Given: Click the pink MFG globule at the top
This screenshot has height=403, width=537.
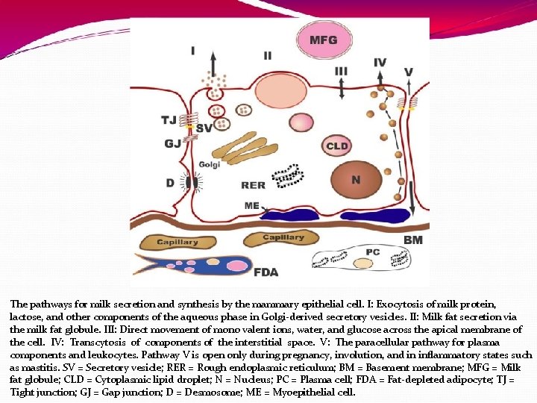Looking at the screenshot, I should click(x=323, y=40).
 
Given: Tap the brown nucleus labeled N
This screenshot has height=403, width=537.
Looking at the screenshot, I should click(x=355, y=179).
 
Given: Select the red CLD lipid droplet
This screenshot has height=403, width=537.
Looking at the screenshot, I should click(x=337, y=146).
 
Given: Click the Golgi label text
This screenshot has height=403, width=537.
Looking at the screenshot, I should click(x=210, y=164).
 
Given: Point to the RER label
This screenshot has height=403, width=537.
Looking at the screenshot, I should click(x=253, y=185).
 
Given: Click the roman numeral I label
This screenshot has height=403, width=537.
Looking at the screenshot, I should click(x=192, y=51).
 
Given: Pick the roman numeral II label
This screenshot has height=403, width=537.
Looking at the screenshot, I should click(x=267, y=55).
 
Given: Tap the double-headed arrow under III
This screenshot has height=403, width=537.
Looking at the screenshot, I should click(x=341, y=87).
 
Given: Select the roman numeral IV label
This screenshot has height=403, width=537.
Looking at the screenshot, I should click(x=380, y=63).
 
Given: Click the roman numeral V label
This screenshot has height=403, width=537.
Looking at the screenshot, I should click(x=408, y=72).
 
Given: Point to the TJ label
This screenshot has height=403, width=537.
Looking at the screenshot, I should click(x=169, y=119).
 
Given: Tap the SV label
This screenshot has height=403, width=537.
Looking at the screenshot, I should click(x=204, y=128).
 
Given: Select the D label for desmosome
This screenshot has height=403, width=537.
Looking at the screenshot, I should click(x=170, y=183).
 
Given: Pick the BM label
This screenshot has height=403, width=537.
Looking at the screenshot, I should click(x=412, y=240).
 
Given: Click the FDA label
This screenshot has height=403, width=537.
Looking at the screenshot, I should click(x=266, y=272).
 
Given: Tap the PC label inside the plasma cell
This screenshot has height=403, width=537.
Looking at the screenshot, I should click(x=372, y=252).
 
